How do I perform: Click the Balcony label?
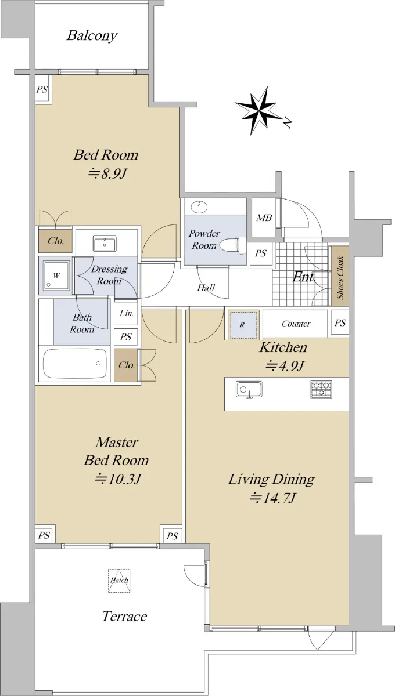(92, 36)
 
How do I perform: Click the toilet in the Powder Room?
(234, 245)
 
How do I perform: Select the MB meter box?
(264, 217)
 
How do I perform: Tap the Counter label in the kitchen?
(296, 324)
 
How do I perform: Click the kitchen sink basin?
(249, 389)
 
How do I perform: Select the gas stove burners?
(321, 389)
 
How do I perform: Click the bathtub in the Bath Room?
(76, 363)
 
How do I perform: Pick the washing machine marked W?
(56, 275)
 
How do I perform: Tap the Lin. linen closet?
(126, 314)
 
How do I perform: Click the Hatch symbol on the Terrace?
(119, 581)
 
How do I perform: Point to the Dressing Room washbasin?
(105, 244)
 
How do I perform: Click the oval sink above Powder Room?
(199, 207)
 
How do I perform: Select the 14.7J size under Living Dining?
(272, 498)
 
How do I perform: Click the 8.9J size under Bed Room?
(107, 173)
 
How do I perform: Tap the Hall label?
(206, 288)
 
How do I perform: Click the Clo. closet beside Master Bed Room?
(126, 365)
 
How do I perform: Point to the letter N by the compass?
(288, 124)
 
